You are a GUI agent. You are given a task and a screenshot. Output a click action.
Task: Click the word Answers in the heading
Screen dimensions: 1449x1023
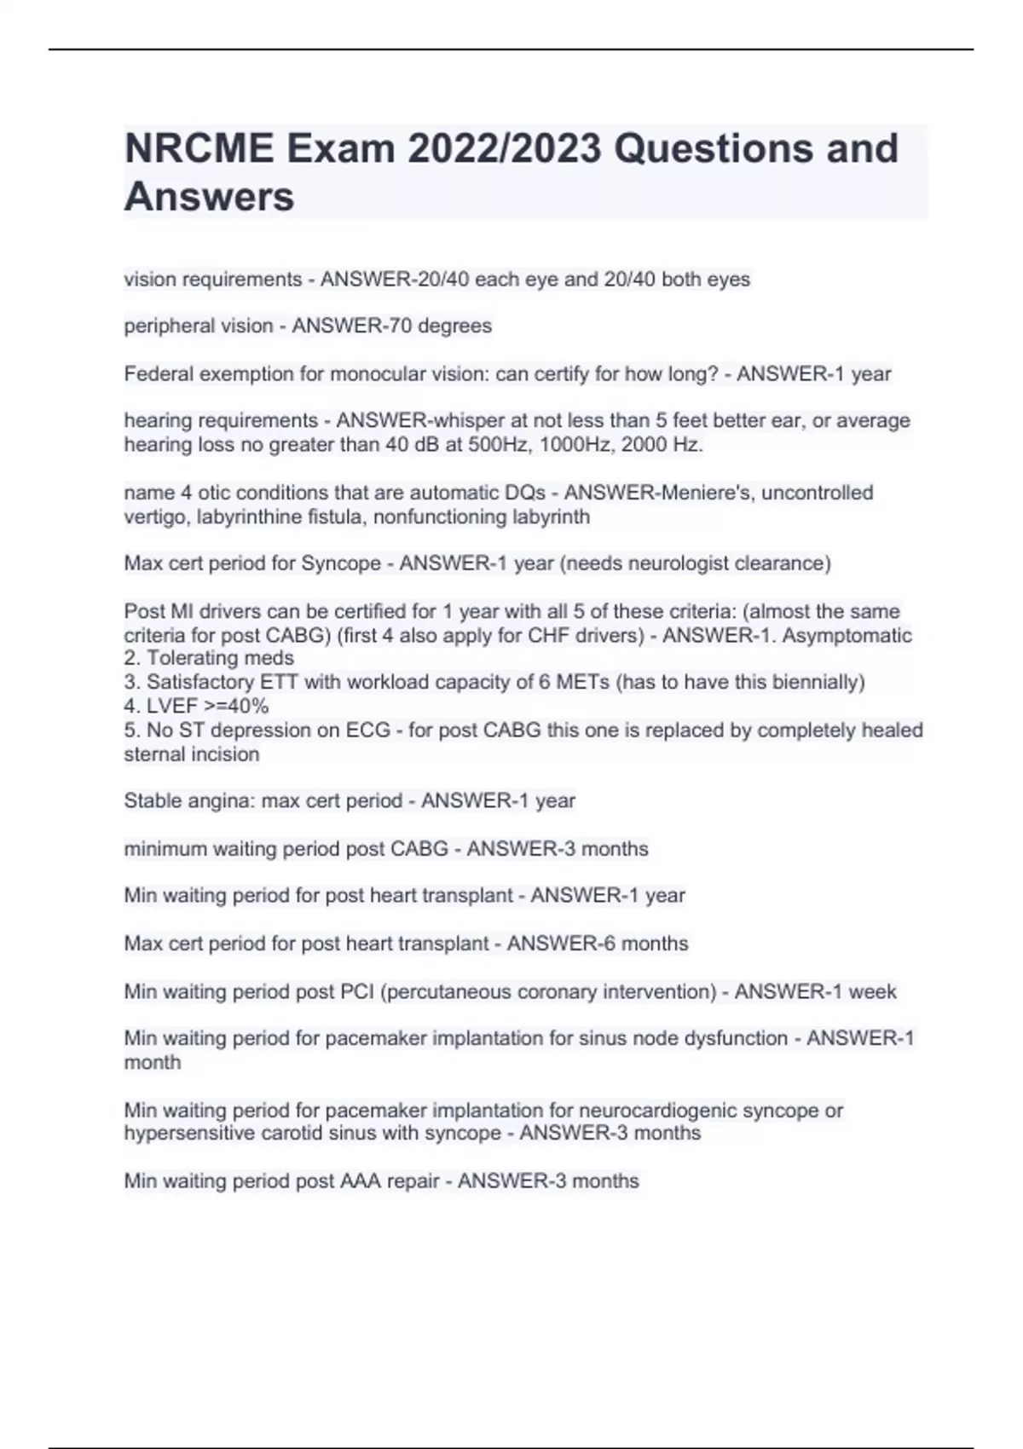[209, 197]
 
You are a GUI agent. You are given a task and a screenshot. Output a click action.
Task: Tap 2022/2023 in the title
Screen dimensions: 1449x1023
[504, 148]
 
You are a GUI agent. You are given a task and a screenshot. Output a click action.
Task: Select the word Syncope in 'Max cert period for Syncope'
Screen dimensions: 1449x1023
[347, 563]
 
